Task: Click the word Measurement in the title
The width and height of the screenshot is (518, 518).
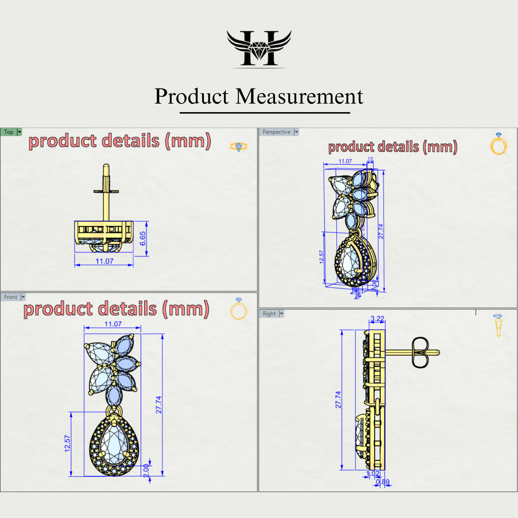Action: point(299,97)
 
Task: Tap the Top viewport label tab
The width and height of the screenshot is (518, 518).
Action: point(9,132)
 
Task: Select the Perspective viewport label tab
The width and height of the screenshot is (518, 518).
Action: point(276,132)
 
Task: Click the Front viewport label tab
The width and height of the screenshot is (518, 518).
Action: point(11,297)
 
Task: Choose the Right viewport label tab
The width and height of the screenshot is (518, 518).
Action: point(269,314)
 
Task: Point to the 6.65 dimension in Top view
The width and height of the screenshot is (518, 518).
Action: point(143,239)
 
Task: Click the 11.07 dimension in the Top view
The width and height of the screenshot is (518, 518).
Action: point(104,261)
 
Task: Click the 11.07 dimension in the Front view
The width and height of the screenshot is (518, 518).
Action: point(113,324)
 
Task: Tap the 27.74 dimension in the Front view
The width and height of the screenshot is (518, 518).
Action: point(158,404)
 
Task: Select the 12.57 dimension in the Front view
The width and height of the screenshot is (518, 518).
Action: point(67,443)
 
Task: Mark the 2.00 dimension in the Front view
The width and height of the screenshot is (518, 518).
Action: point(146,471)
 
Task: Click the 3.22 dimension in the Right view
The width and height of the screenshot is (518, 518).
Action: point(377,319)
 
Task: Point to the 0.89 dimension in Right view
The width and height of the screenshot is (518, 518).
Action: point(383,482)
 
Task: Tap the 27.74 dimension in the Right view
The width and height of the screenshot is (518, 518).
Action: point(338,400)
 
